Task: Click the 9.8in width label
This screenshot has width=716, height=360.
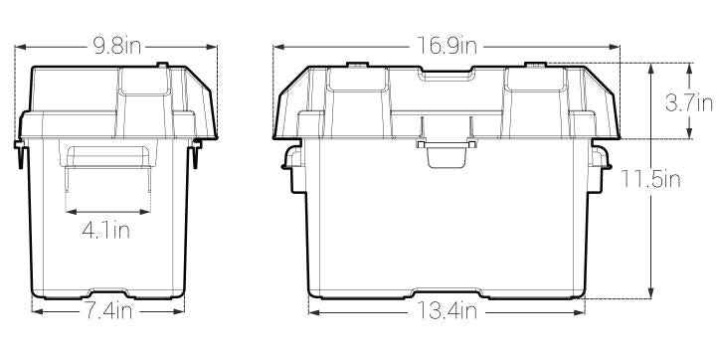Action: coord(117,46)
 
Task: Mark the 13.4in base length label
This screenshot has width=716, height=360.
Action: coord(447,311)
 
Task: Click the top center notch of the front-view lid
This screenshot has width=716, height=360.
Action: coord(446,76)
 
